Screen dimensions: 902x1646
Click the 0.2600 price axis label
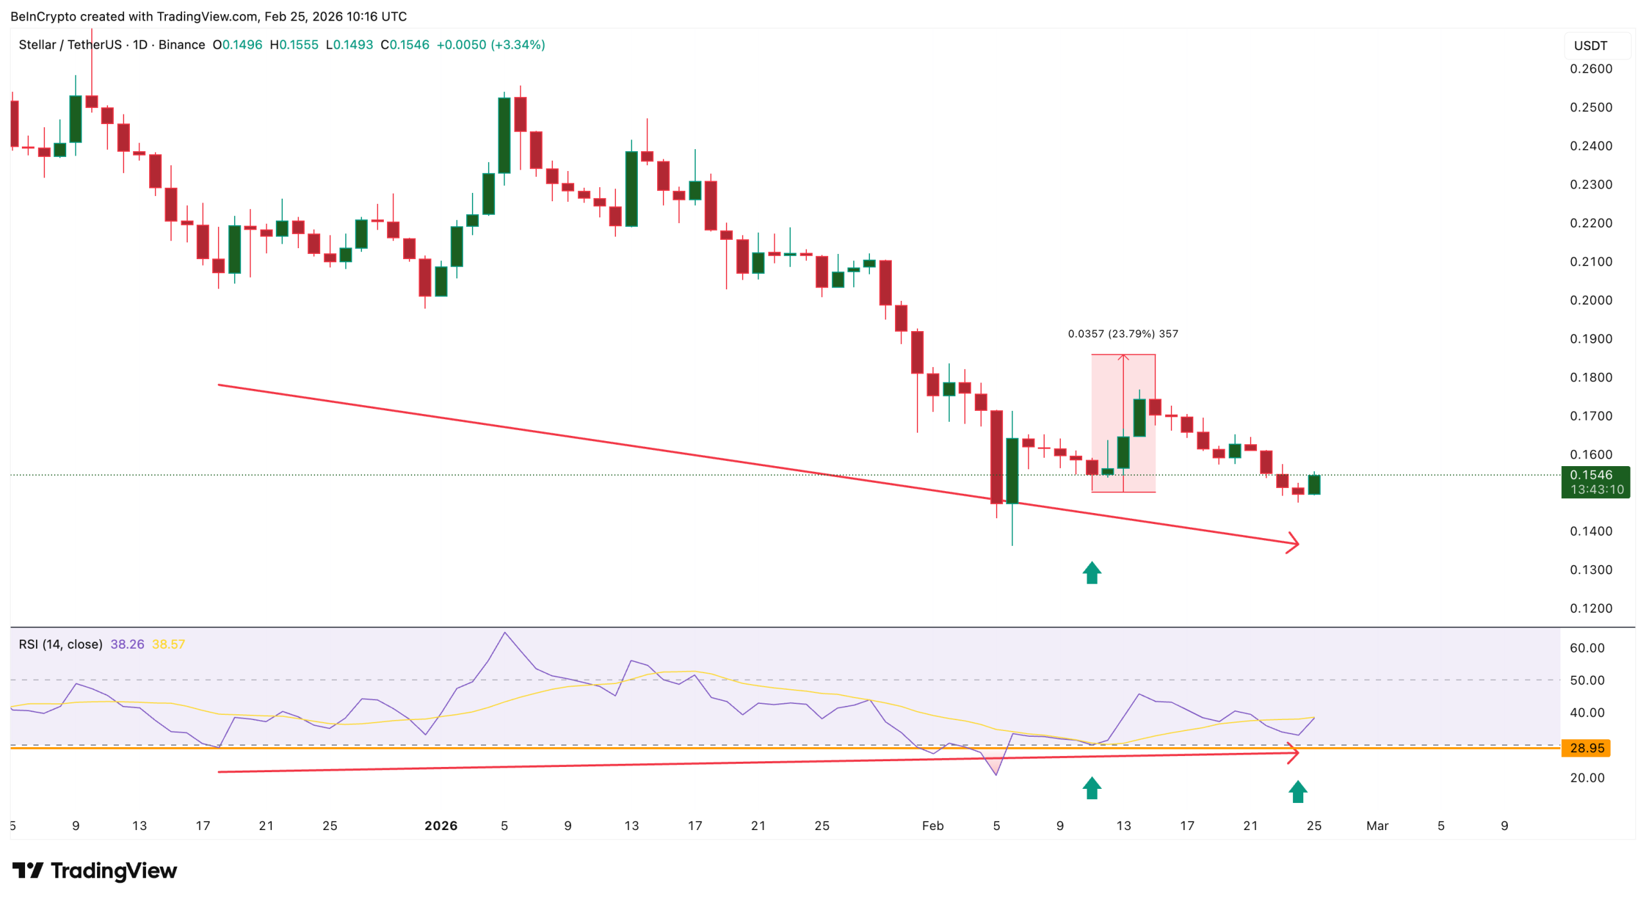click(x=1590, y=69)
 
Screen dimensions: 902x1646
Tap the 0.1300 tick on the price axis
click(x=1590, y=570)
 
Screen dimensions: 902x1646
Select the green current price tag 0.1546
click(x=1595, y=482)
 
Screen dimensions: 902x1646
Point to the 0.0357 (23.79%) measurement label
click(x=1122, y=334)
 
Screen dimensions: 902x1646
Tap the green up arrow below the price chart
click(x=1091, y=572)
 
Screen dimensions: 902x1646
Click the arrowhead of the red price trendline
click(x=1294, y=543)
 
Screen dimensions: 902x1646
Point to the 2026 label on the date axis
click(x=440, y=825)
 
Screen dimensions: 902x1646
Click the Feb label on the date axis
click(x=932, y=825)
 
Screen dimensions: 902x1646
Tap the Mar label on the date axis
click(x=1377, y=825)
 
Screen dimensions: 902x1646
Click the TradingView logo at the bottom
click(x=95, y=870)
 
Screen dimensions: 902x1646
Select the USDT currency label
click(x=1590, y=46)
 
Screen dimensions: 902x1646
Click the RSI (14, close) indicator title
click(x=60, y=644)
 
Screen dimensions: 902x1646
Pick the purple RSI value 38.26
click(x=127, y=644)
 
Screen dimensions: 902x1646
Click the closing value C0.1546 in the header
click(x=404, y=45)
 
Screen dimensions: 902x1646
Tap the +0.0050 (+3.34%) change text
click(x=490, y=45)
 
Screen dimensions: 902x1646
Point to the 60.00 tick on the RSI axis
click(x=1586, y=648)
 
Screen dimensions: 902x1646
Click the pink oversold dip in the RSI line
click(x=994, y=762)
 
